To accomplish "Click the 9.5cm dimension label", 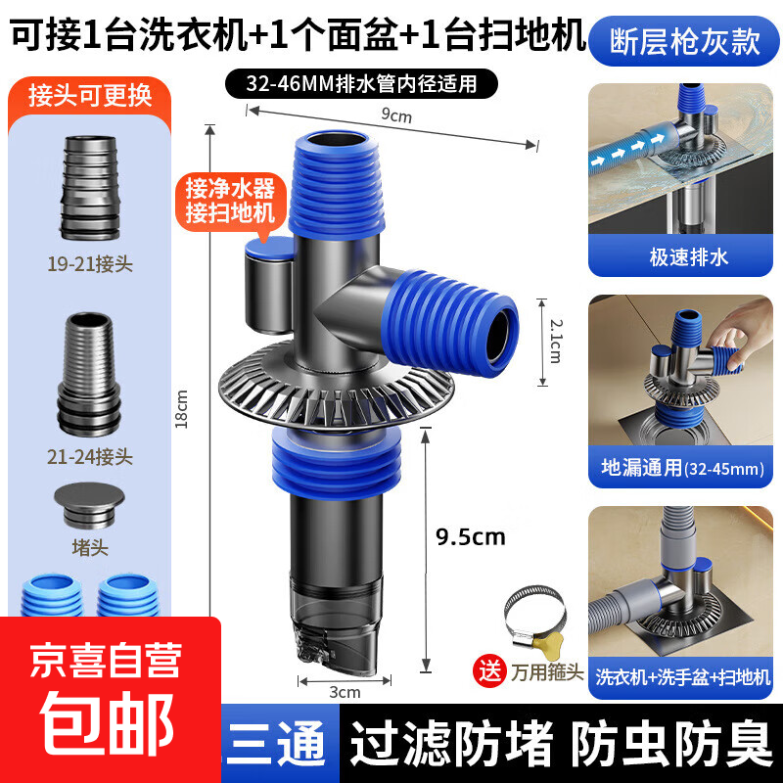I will [471, 536].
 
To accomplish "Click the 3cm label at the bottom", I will [345, 692].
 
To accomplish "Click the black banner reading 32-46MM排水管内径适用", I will [355, 82].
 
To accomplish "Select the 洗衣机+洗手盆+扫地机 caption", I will [686, 676].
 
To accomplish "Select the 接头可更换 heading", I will [90, 96].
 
